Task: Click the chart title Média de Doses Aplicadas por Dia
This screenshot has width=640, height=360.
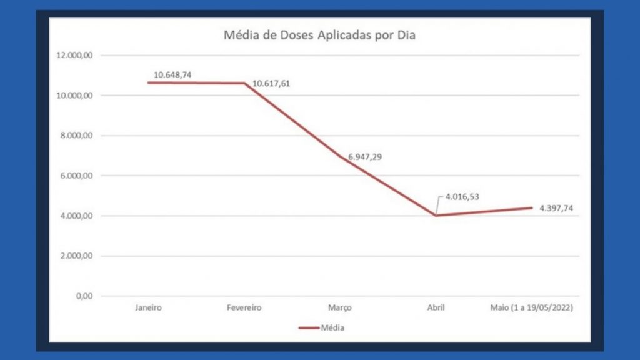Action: [x=319, y=35]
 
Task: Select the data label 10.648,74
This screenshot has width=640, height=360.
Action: [x=172, y=74]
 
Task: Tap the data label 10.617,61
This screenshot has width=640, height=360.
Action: [x=271, y=83]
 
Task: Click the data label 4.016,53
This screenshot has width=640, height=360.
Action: [x=462, y=197]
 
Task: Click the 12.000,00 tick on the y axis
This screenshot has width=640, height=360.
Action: [x=76, y=55]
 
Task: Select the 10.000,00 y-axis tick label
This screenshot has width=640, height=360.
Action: [x=76, y=95]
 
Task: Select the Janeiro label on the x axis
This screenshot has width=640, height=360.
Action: [x=149, y=308]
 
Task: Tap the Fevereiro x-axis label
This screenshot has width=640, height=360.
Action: [x=244, y=308]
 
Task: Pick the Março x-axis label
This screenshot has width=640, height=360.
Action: [x=340, y=308]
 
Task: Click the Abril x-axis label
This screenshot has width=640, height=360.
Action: [x=436, y=308]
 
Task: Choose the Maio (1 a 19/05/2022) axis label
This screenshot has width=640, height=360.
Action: [x=531, y=308]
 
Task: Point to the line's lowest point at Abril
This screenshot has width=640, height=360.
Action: [x=436, y=216]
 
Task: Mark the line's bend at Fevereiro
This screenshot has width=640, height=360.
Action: [x=244, y=83]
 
